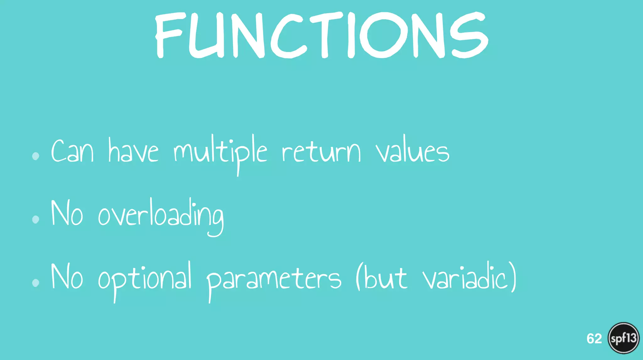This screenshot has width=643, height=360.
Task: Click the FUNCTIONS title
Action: pos(321,35)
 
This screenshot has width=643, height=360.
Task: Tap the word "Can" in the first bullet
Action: pos(72,151)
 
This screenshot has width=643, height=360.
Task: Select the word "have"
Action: pos(133,151)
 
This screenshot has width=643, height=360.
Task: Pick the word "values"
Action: pos(413,151)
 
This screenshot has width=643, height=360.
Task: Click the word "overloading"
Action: pos(161,215)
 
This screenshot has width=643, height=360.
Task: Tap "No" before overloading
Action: pos(67,213)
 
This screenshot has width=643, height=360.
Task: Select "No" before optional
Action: pos(67,277)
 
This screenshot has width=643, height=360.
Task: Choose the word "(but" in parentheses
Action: pos(381,277)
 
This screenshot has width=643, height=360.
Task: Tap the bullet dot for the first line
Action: pos(36,156)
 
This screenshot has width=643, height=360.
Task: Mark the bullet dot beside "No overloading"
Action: pos(36,219)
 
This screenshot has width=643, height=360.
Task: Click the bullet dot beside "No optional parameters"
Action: pos(36,283)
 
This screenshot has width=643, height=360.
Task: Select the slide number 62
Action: pos(594,339)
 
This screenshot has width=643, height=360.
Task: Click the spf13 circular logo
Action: pos(624,338)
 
